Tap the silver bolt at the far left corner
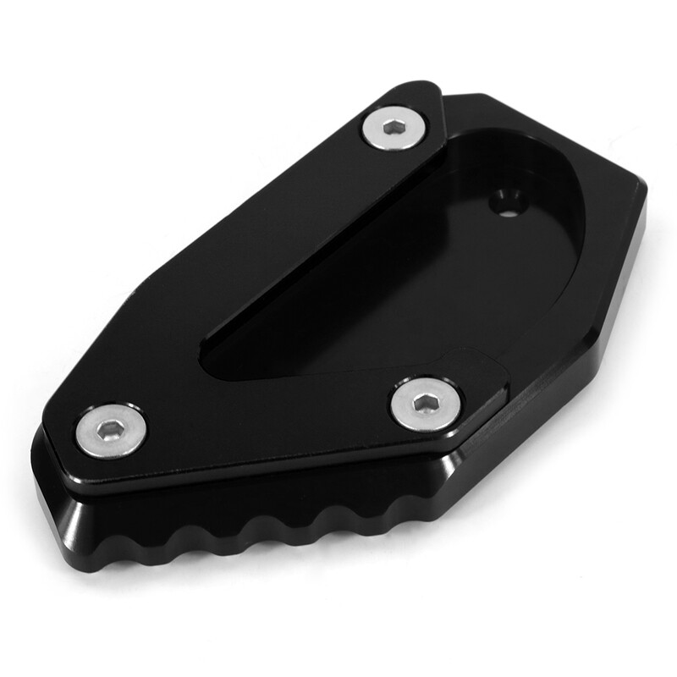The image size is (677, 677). pos(111,432)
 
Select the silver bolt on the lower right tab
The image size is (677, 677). pos(425,405)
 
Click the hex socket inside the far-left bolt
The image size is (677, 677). pos(111,432)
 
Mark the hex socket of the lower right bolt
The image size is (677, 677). pos(425,405)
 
